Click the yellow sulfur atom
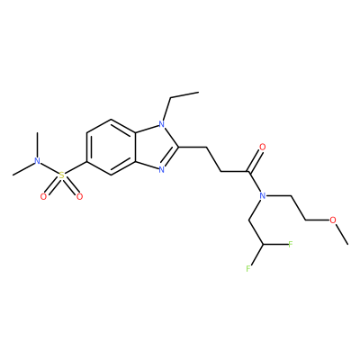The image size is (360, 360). (61, 175)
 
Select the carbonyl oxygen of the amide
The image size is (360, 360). (263, 147)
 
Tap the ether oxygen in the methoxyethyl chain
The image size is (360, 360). (333, 220)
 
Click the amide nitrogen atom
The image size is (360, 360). (263, 196)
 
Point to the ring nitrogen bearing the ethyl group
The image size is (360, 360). (162, 123)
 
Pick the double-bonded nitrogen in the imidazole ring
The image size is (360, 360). (162, 170)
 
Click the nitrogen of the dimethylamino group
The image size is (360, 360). (37, 161)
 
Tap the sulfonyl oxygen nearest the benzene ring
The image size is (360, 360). (79, 197)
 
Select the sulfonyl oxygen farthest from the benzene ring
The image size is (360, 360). (43, 197)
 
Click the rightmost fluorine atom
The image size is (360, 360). (290, 245)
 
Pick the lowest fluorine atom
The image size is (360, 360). (248, 268)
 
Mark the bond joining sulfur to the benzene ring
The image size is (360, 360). (76, 168)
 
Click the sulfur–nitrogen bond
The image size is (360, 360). (49, 168)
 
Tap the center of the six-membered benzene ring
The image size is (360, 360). (112, 147)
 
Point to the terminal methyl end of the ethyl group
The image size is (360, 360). (198, 92)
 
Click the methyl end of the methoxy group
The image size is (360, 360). (347, 244)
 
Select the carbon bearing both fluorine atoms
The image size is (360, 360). (263, 245)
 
